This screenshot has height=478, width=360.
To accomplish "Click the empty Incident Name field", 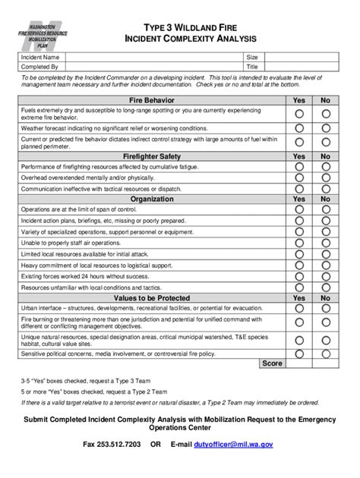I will (155, 57).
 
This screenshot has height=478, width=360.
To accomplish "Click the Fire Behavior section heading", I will (152, 100).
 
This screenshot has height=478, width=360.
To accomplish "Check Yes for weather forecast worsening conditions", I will (299, 128).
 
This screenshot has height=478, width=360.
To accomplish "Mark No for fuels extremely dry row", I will (326, 114).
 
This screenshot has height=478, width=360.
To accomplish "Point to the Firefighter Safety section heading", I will (152, 156).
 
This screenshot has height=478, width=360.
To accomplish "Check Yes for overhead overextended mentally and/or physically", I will (299, 178).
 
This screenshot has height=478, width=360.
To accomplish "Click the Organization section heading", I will (152, 199).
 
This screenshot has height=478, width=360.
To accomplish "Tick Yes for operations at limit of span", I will (299, 209).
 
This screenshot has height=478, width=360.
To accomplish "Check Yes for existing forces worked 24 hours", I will (299, 277).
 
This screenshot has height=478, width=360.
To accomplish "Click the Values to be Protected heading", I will (152, 298).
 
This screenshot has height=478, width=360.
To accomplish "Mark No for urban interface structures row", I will (326, 309).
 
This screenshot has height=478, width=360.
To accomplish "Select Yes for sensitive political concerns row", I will (299, 353).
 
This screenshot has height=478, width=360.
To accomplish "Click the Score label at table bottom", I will (271, 363).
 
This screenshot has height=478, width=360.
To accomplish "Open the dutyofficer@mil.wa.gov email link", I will (233, 445).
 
